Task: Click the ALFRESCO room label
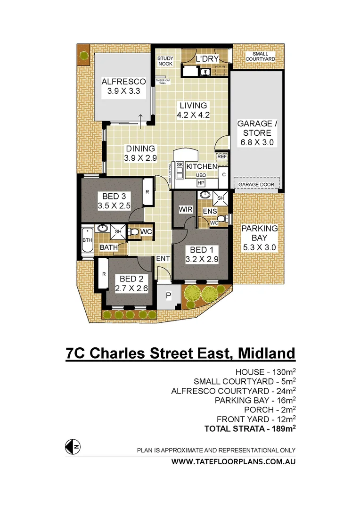coord(124,82)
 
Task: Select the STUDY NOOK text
coord(165,60)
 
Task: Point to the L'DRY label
coord(205,59)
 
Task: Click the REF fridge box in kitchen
coord(221,156)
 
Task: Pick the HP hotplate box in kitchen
coord(201,183)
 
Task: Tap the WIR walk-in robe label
coord(184,208)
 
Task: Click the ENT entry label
coord(163,259)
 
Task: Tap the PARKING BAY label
coord(260,233)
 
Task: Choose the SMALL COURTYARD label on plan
coord(260,57)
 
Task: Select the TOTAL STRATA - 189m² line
coord(250,428)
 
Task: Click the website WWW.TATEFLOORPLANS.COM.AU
coord(233,462)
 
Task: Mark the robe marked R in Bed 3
coord(147,192)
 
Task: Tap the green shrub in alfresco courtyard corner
coord(84,55)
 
